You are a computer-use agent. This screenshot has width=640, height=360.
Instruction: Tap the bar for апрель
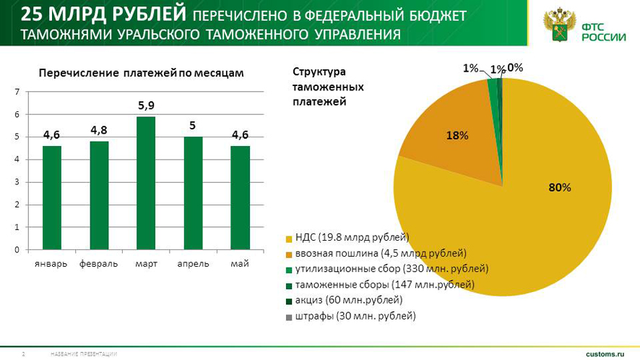(193, 193)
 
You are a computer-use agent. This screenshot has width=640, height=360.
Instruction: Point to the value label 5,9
(147, 106)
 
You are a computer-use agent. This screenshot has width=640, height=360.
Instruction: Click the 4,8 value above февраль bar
(99, 130)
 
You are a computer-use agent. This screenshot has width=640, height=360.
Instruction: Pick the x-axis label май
(240, 264)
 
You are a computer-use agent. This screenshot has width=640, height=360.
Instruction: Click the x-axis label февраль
(99, 264)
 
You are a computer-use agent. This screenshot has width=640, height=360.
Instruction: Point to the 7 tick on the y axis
(17, 92)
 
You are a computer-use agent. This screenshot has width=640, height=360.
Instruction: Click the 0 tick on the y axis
(17, 249)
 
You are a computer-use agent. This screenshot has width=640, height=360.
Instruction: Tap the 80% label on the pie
(560, 187)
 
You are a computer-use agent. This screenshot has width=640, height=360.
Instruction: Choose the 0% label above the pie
(515, 67)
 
